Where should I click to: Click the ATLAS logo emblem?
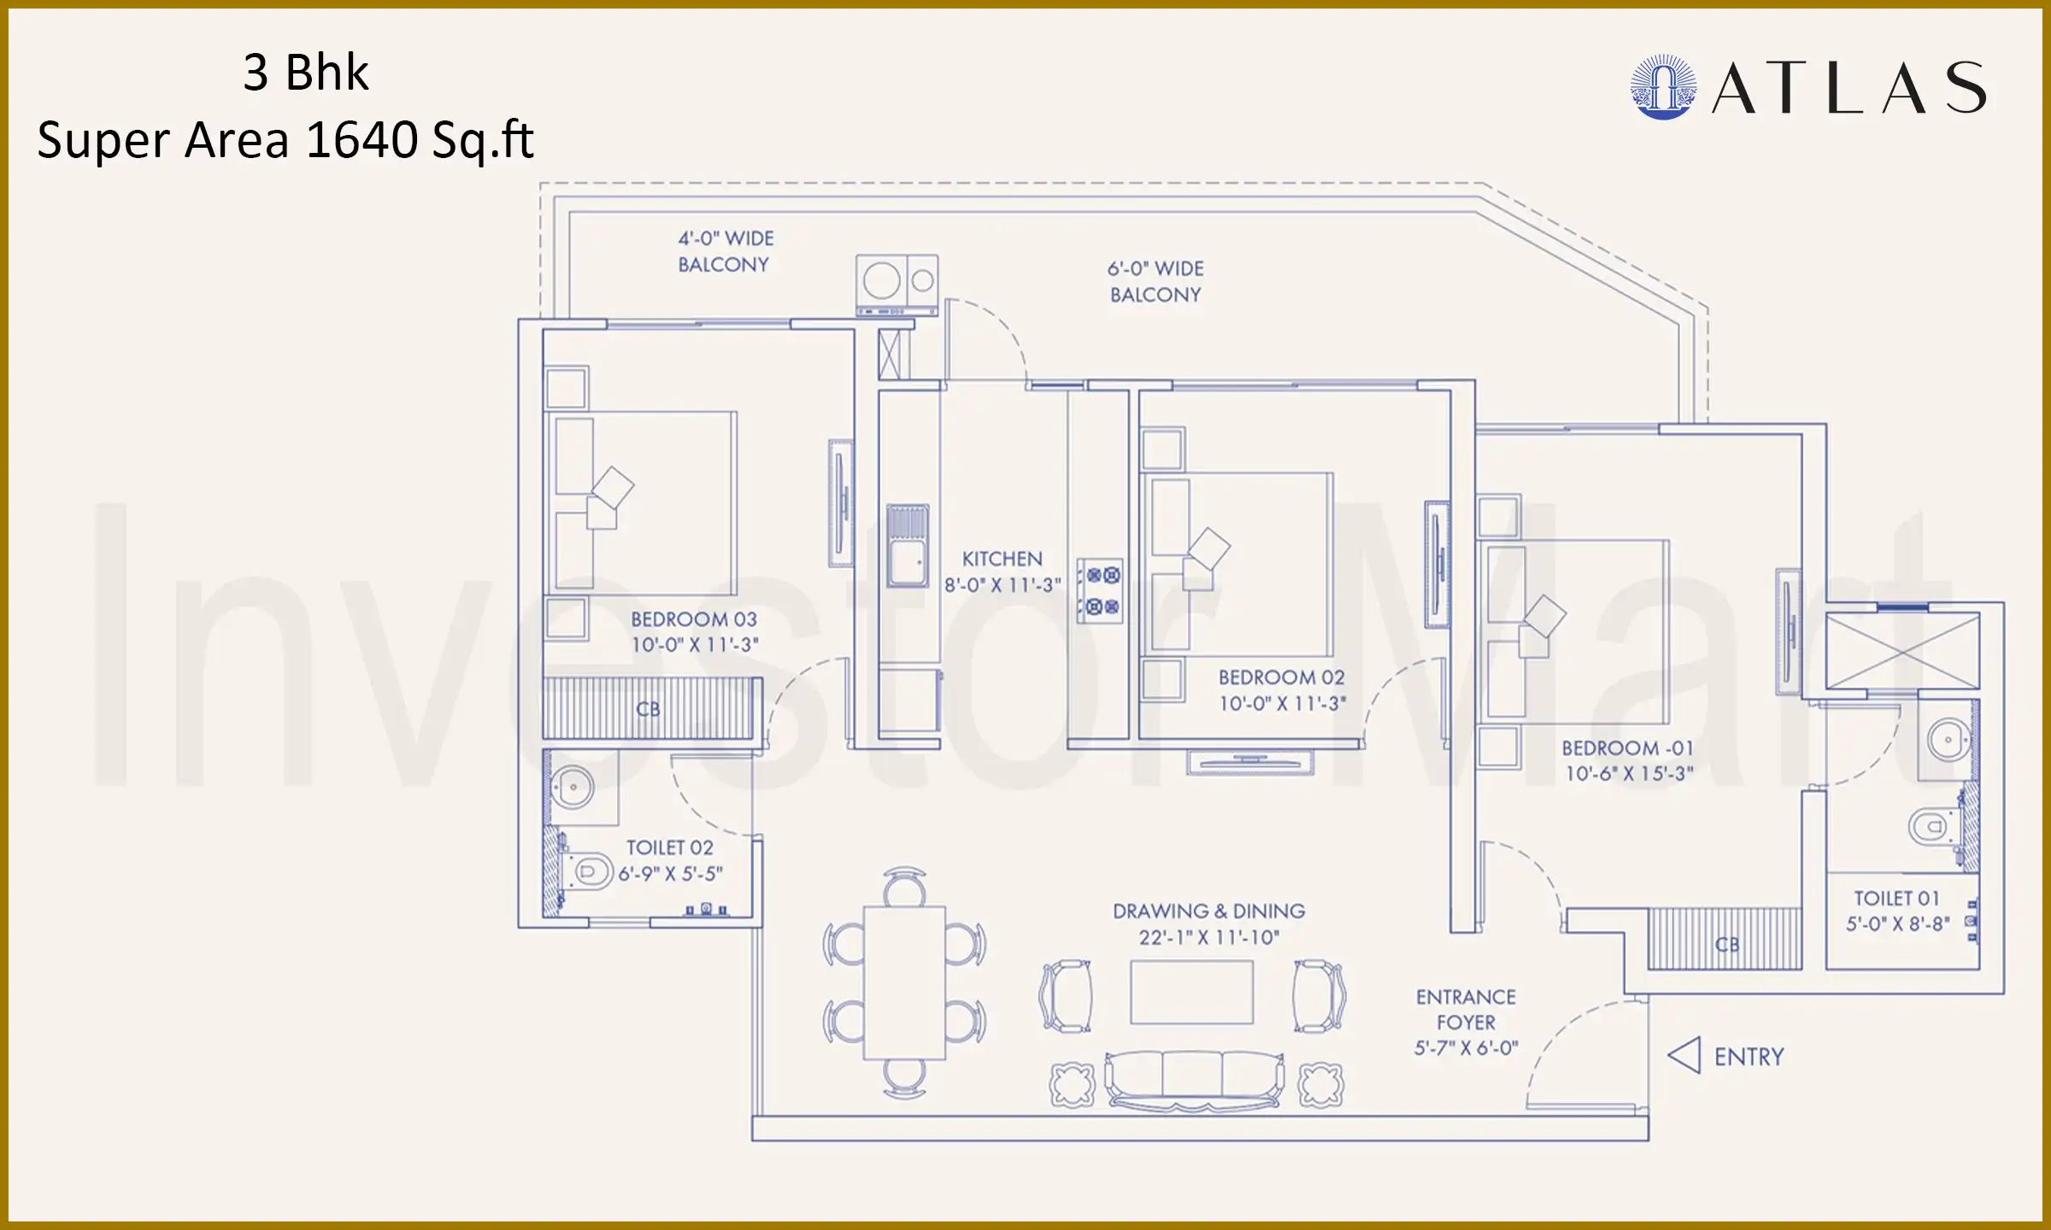click(1662, 87)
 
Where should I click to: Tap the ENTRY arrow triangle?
click(1684, 1056)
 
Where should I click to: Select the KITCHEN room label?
click(1002, 559)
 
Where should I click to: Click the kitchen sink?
click(907, 547)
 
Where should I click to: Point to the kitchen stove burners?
click(1100, 590)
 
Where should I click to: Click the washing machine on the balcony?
click(896, 284)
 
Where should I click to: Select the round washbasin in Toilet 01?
click(1948, 740)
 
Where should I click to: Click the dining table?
click(904, 982)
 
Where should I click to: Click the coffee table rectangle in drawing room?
click(1191, 992)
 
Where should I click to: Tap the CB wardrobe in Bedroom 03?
click(651, 709)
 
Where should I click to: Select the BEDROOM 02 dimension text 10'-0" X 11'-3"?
click(1282, 704)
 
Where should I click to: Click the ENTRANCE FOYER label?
click(1466, 1010)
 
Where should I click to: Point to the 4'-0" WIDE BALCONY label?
click(725, 251)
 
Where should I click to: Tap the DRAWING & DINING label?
click(1208, 911)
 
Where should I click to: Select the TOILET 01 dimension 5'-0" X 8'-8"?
click(1897, 924)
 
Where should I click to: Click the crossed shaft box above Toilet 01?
click(1902, 651)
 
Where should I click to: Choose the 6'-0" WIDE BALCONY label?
click(1155, 281)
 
